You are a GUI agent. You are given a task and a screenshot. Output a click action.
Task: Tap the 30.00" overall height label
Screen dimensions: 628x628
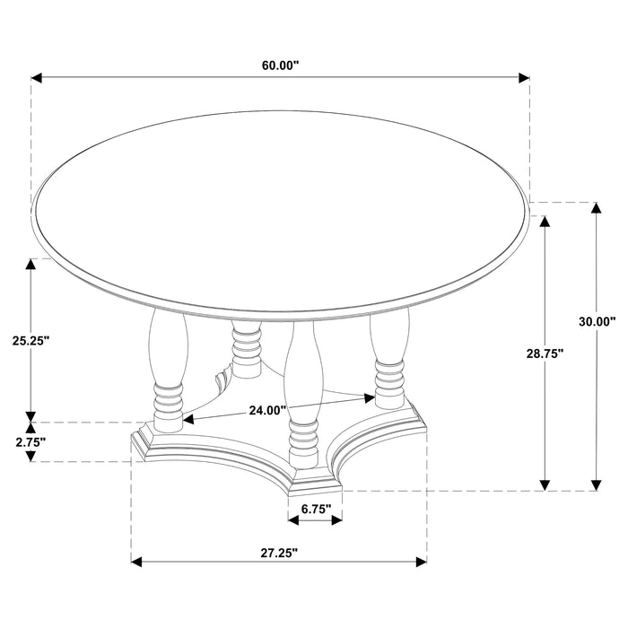(597, 320)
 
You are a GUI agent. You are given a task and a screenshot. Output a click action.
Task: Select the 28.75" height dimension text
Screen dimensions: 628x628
(544, 353)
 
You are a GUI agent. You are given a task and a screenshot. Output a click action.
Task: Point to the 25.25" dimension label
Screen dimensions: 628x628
(31, 340)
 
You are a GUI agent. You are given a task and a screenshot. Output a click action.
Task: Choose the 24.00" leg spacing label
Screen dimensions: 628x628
(266, 410)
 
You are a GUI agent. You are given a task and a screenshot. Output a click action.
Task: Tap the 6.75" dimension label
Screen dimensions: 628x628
(315, 509)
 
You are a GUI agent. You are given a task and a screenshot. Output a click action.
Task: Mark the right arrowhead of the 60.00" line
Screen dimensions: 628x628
(524, 79)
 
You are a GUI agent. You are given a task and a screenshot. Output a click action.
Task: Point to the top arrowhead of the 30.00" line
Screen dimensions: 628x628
(597, 209)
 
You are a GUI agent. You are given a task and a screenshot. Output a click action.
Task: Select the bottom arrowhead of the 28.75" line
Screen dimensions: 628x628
(545, 484)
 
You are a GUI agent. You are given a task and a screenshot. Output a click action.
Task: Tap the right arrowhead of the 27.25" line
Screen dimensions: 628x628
(421, 563)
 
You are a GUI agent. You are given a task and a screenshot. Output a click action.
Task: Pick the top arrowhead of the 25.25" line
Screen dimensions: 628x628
(32, 265)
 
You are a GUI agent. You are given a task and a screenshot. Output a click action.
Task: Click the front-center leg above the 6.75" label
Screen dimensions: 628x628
(302, 395)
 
